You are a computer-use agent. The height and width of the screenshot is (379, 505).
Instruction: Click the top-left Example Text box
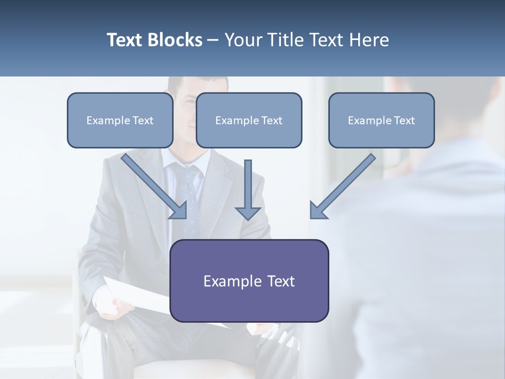pyautogui.click(x=120, y=121)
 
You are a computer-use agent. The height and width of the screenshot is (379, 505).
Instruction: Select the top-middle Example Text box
pyautogui.click(x=249, y=121)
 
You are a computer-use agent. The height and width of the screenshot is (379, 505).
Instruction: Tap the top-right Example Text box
pyautogui.click(x=381, y=121)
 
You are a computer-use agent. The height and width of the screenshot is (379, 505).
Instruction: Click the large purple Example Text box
pyautogui.click(x=249, y=281)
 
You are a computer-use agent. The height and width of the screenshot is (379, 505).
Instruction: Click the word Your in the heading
pyautogui.click(x=242, y=40)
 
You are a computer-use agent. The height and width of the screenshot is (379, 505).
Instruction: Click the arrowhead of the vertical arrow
pyautogui.click(x=248, y=213)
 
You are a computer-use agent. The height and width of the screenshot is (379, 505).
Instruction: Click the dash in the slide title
pyautogui.click(x=213, y=40)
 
